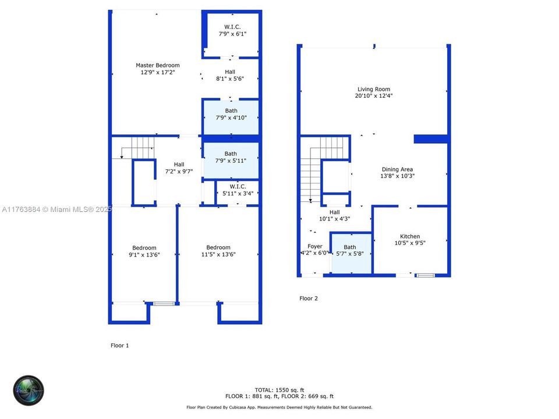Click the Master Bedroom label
coord(157,65)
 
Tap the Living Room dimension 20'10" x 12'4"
coord(374,96)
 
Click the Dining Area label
coord(398,169)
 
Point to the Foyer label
coord(315,246)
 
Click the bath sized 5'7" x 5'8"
coord(349,251)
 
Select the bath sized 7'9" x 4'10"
coord(231,114)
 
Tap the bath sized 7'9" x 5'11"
coord(231,157)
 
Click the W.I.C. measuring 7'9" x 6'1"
coord(232,30)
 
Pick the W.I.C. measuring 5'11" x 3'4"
coord(236,190)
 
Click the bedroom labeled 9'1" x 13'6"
coord(144,251)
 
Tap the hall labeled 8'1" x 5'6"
coord(230,75)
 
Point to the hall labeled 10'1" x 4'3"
coord(334,216)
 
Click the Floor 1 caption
coord(119,345)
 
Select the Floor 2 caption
coord(309,298)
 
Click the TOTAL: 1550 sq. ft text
coord(279,389)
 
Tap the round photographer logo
coord(29,390)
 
